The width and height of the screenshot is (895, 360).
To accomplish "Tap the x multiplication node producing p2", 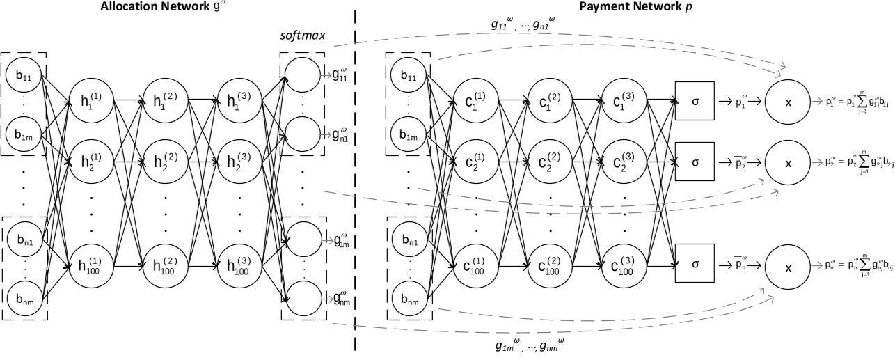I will pyautogui.click(x=788, y=162).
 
